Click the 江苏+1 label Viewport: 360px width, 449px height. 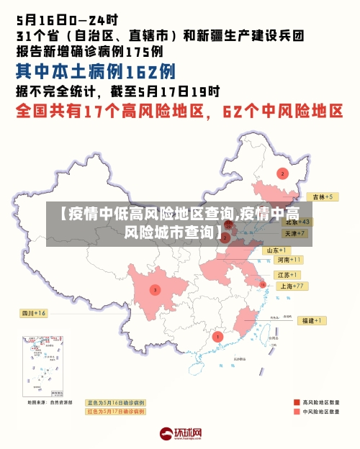pyautogui.click(x=287, y=276)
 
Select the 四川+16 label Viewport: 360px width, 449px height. pyautogui.click(x=33, y=314)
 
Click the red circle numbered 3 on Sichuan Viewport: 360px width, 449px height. pyautogui.click(x=155, y=290)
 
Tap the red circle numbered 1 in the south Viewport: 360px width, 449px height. pyautogui.click(x=218, y=336)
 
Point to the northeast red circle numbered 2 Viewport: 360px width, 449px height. pyautogui.click(x=282, y=173)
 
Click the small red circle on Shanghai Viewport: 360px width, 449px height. pyautogui.click(x=263, y=286)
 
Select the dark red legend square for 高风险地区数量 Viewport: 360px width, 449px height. pyautogui.click(x=297, y=402)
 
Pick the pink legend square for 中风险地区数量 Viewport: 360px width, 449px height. pyautogui.click(x=297, y=412)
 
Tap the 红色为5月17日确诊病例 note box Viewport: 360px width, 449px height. pyautogui.click(x=116, y=412)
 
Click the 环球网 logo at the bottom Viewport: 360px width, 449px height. pyautogui.click(x=180, y=434)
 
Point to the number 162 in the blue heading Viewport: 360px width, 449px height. pyautogui.click(x=141, y=72)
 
